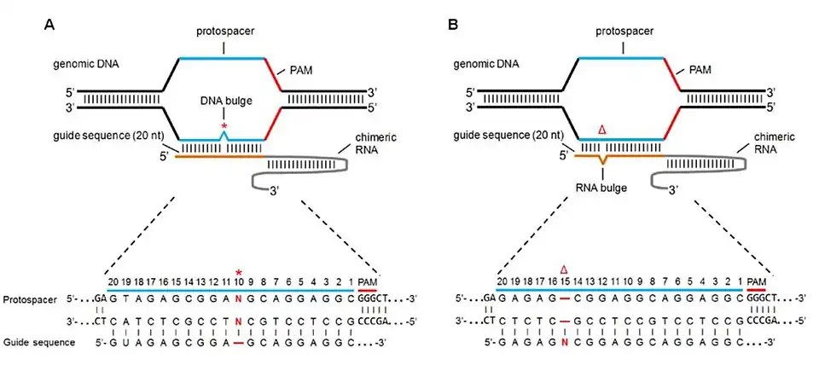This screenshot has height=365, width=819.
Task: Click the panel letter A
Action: (49, 25)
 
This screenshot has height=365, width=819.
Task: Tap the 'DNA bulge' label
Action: (224, 101)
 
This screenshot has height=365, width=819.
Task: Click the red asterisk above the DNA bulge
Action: (224, 127)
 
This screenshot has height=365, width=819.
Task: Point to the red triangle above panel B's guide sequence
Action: (602, 129)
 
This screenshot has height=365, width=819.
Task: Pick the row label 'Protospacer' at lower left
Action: (31, 300)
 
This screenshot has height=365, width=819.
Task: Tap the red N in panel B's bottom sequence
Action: (565, 341)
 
